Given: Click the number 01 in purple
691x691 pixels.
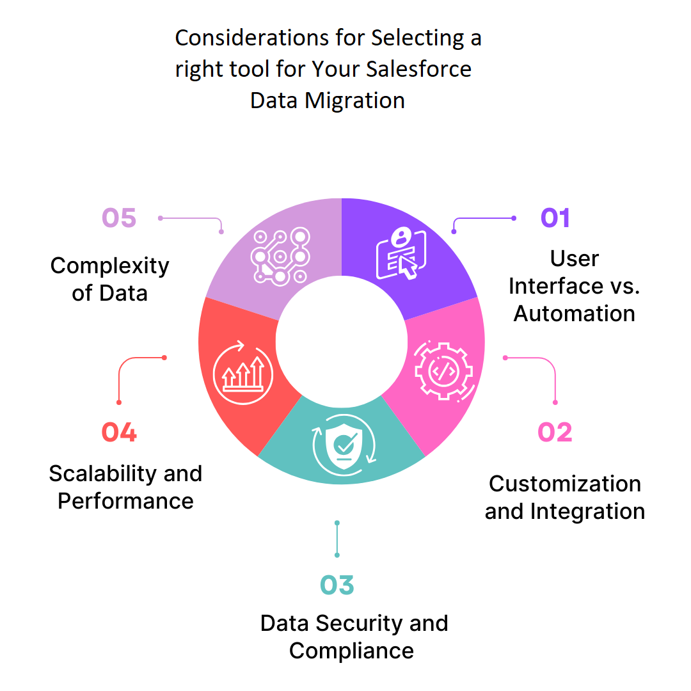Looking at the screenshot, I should click(555, 218).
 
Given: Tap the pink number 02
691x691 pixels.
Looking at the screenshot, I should click(555, 433).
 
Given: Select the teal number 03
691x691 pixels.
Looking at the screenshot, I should click(337, 585).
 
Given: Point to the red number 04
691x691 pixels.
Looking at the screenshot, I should click(119, 433).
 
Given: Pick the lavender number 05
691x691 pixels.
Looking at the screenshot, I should click(119, 218).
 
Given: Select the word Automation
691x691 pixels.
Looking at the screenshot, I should click(575, 314).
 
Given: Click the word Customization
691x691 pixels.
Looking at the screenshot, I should click(565, 484).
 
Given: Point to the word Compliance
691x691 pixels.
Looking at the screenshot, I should click(351, 651).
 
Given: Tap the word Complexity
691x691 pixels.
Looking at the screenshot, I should click(110, 266).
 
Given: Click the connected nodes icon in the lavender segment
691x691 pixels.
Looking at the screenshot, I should click(280, 256).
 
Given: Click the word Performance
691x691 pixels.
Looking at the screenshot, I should click(125, 501).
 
